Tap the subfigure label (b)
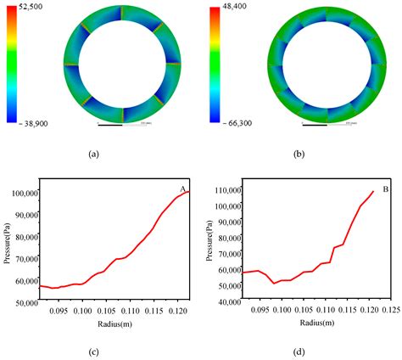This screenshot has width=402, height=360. [x=297, y=154]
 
